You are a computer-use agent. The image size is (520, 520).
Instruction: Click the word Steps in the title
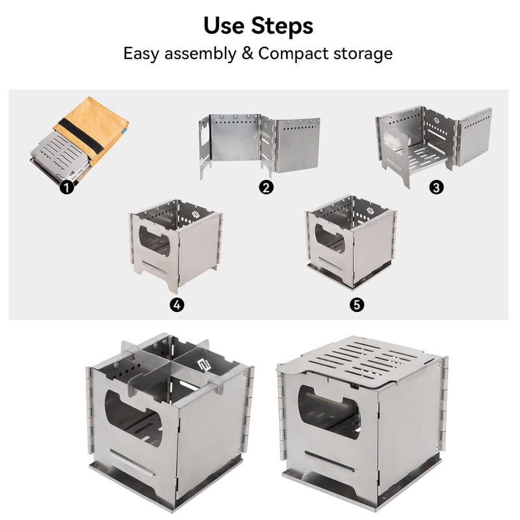pyautogui.click(x=284, y=26)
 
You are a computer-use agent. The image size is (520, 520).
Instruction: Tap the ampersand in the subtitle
pyautogui.click(x=246, y=53)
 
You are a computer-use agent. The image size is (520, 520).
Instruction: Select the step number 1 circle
pyautogui.click(x=66, y=188)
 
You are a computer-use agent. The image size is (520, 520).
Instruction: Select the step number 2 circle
pyautogui.click(x=265, y=188)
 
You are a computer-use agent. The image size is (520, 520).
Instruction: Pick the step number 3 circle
pyautogui.click(x=437, y=187)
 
